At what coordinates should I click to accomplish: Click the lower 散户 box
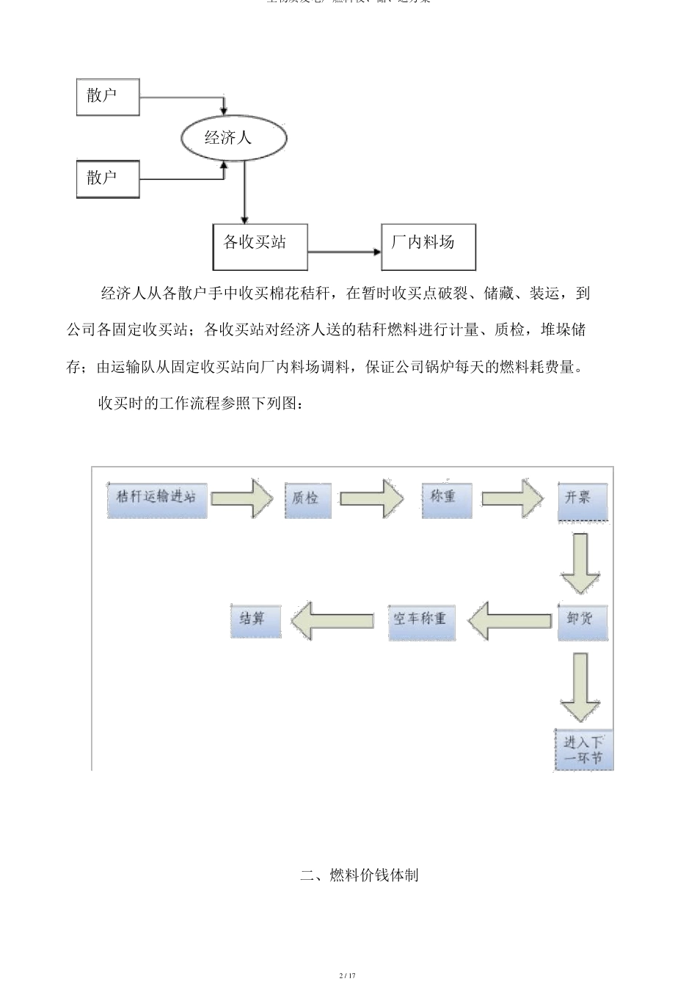click(x=108, y=179)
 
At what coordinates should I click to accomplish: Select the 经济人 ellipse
click(x=225, y=138)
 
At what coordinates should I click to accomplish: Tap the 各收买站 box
click(x=260, y=247)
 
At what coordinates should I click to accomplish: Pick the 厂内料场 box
click(x=428, y=247)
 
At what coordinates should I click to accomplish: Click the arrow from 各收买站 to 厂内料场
click(x=345, y=252)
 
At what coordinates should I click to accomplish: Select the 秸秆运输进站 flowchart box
click(x=156, y=500)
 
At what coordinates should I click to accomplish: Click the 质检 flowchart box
click(x=307, y=500)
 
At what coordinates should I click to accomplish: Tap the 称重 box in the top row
click(x=446, y=500)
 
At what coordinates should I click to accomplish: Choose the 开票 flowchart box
click(x=583, y=501)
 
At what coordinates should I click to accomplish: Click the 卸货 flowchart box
click(x=583, y=622)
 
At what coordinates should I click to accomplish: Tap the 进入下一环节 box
click(x=583, y=749)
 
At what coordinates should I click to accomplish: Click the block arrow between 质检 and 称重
click(x=371, y=499)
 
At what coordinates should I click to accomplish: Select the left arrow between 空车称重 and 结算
click(x=332, y=622)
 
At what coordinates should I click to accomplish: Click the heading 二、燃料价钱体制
click(x=360, y=875)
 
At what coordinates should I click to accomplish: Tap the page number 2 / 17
click(x=348, y=975)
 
